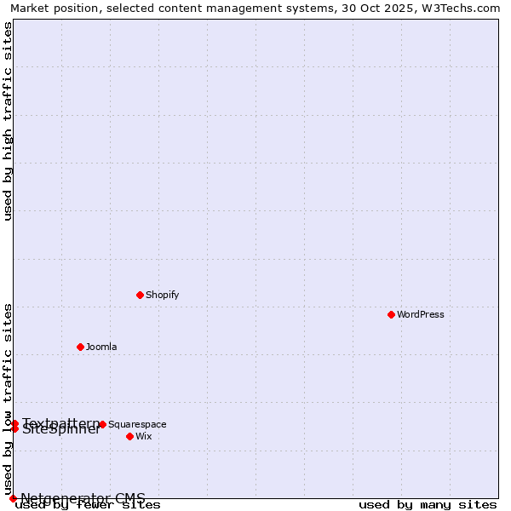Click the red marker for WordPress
coord(391,314)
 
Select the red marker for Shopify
coord(140,295)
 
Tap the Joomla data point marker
coord(80,347)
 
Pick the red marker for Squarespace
coord(102,424)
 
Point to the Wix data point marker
coord(129,436)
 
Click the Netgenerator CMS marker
coord(13,498)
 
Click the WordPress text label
coord(420,314)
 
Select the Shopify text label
coord(162,295)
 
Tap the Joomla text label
coord(101,347)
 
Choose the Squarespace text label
coord(137,424)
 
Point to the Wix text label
coord(143,436)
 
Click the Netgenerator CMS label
coord(83,498)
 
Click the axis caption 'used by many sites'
coord(428,505)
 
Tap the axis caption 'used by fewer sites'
coord(88,505)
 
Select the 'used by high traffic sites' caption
coord(9,121)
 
